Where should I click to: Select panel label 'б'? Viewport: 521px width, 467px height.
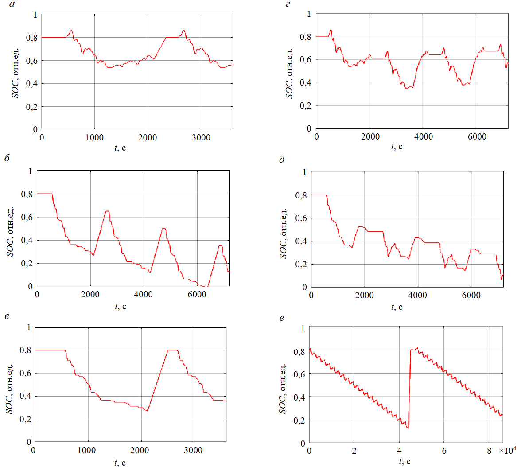tap(8, 159)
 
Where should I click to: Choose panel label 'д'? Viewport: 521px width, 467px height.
tap(282, 160)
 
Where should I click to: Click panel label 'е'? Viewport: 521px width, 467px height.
tap(281, 318)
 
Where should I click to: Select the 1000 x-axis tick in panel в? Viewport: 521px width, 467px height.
tap(88, 451)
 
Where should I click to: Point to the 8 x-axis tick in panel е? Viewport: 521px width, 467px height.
tap(489, 451)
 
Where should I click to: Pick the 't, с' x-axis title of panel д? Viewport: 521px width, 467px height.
tap(397, 307)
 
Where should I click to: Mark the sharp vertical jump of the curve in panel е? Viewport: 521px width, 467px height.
tap(409, 385)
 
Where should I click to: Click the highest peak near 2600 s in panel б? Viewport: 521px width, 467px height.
tap(106, 211)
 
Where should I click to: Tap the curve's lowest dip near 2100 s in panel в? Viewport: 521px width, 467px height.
tap(147, 411)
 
